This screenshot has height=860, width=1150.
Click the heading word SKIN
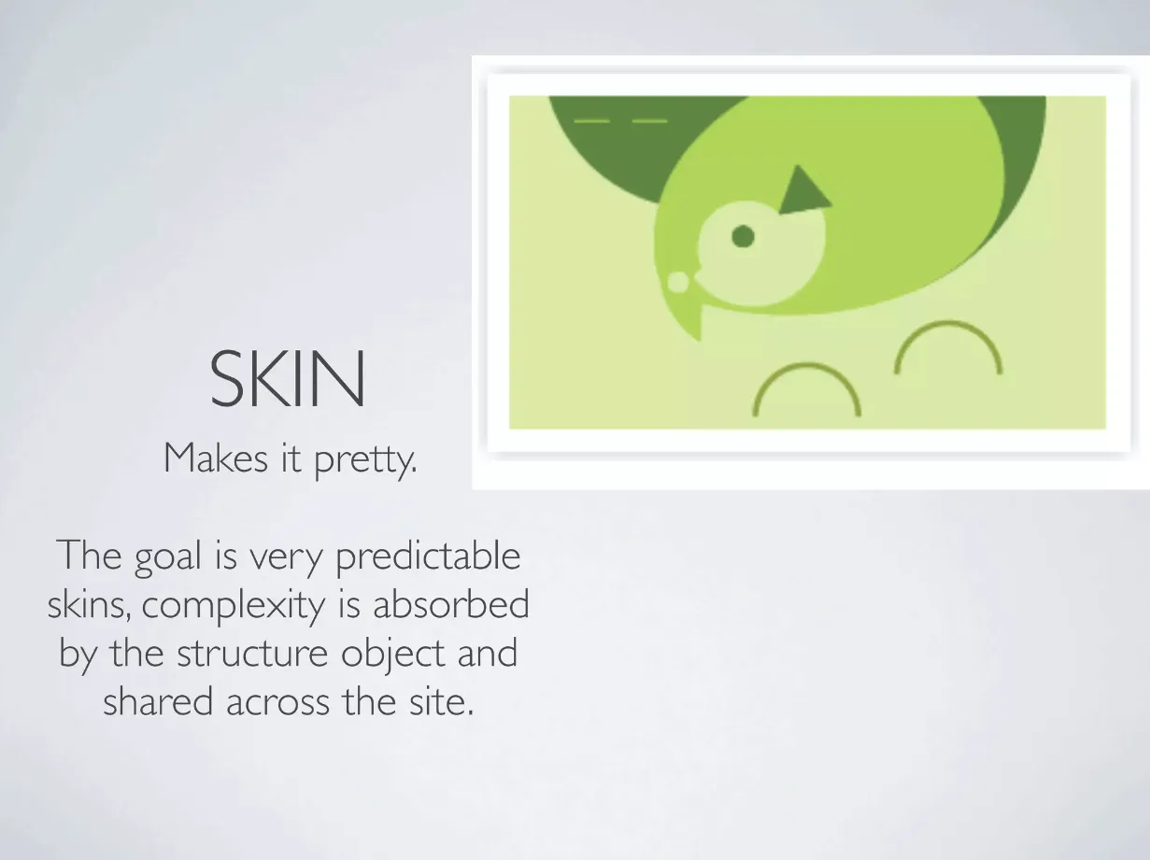pos(287,378)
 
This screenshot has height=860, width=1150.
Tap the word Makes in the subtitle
pos(216,458)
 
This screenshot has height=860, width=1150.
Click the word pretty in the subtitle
pos(365,460)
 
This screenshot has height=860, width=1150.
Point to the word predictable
pos(428,557)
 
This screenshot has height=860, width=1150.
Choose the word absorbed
pos(451,603)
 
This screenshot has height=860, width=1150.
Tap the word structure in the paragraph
pos(252,654)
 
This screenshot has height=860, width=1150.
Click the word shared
pos(158,701)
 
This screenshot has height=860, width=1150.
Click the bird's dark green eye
pos(743,236)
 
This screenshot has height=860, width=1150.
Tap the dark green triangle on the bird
pos(802,191)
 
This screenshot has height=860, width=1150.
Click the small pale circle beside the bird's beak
pos(678,282)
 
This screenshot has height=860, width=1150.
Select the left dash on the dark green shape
pos(592,121)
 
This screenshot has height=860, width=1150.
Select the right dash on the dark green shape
pos(649,121)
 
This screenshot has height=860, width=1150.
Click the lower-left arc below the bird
pos(807,365)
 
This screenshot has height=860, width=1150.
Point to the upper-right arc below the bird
pos(948,323)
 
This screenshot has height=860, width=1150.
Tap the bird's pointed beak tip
pos(700,339)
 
